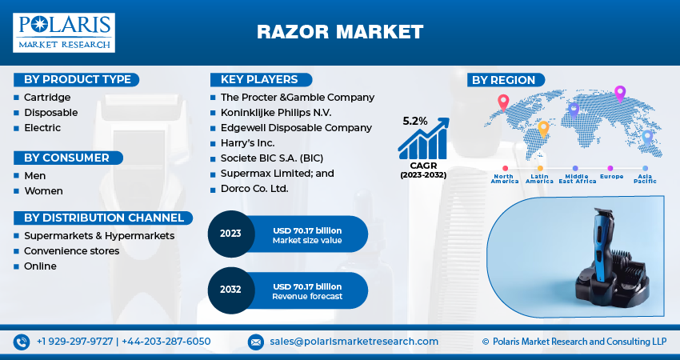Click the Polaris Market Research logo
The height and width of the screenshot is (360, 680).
[x=64, y=32]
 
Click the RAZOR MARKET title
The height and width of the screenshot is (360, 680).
[x=340, y=32]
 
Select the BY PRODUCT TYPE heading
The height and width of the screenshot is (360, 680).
[x=77, y=79]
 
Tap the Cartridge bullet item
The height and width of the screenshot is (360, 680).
[x=47, y=97]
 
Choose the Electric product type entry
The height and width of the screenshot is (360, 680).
[x=42, y=127]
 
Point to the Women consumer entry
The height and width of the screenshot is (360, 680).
[x=43, y=190]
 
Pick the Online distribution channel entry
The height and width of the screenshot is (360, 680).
[x=40, y=266]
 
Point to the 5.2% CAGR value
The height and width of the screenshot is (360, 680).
[x=414, y=121]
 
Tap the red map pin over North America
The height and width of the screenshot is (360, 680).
[x=503, y=102]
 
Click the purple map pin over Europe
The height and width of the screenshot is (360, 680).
[x=619, y=93]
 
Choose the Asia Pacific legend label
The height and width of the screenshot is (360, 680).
[x=645, y=178]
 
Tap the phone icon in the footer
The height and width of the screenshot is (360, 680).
[x=22, y=342]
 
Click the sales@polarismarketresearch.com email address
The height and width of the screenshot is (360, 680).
[x=354, y=342]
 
